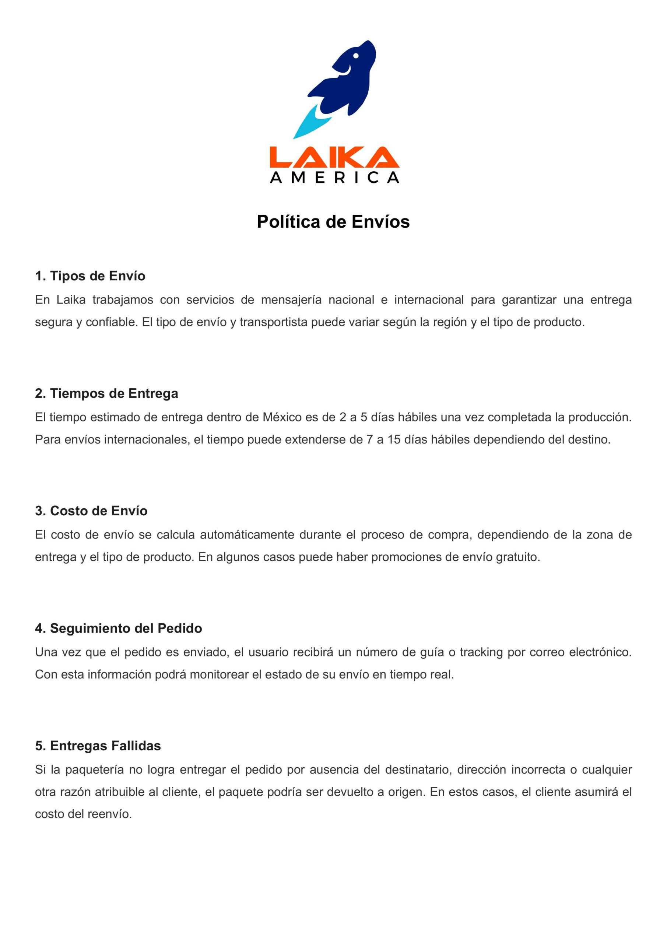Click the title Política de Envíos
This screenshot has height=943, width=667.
tap(333, 222)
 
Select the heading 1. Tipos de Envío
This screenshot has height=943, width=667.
tap(90, 276)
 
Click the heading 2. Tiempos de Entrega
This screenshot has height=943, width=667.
tap(106, 393)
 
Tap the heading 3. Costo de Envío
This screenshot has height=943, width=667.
tap(91, 511)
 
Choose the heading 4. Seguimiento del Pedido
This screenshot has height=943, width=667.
tap(118, 628)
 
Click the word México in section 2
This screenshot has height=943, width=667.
tap(282, 418)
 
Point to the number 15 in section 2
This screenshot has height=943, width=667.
tap(394, 440)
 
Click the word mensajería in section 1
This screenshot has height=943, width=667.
tap(291, 300)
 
